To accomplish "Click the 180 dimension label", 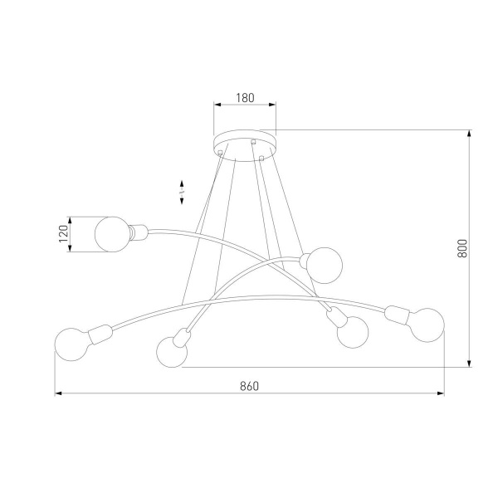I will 244,98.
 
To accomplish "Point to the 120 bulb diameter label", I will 62,234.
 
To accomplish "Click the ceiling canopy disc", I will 244,139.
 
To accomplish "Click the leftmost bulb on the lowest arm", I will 71,344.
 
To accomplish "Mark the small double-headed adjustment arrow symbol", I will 183,193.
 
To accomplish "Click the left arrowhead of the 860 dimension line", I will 58,393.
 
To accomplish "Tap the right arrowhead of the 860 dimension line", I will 442,393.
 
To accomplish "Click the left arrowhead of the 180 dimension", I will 217,105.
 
